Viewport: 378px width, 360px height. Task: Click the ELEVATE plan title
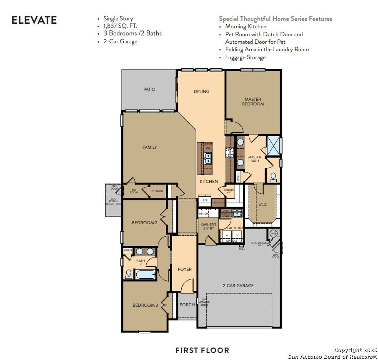click(x=34, y=20)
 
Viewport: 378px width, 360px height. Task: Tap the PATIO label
click(x=149, y=89)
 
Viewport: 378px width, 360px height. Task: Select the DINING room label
click(x=201, y=91)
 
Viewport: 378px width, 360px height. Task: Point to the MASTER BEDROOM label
click(x=253, y=102)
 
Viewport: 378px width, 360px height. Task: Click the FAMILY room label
click(x=149, y=147)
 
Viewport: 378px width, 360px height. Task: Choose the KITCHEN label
click(x=208, y=182)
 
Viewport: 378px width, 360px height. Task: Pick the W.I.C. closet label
click(x=263, y=204)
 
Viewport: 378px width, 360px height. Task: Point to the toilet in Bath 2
click(x=129, y=274)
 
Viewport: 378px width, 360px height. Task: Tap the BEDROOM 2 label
click(x=144, y=222)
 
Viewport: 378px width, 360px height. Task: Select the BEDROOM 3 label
click(x=145, y=305)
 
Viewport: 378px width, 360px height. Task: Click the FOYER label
click(x=185, y=269)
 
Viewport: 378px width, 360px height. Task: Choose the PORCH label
click(x=187, y=305)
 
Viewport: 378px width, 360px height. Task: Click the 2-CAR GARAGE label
click(x=238, y=285)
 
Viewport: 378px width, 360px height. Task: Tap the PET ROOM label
click(x=134, y=191)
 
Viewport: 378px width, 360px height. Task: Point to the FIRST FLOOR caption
click(x=202, y=350)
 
